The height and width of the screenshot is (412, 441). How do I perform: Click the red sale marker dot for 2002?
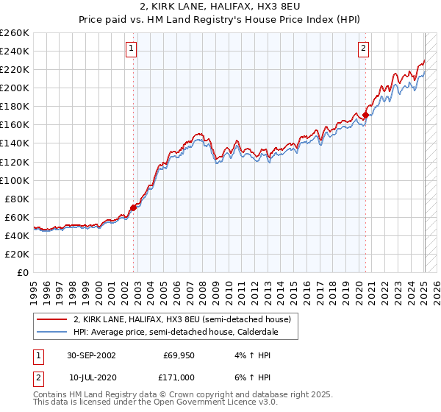click(x=134, y=207)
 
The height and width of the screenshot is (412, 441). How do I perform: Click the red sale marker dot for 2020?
click(x=365, y=115)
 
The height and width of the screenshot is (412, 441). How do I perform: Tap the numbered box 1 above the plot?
click(x=131, y=49)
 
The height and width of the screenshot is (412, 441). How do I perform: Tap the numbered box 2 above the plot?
click(x=363, y=49)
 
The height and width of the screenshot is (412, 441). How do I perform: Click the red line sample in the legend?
click(x=52, y=320)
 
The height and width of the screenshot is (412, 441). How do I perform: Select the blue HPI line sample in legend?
click(x=52, y=333)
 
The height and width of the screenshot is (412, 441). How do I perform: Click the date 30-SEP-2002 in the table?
click(x=91, y=355)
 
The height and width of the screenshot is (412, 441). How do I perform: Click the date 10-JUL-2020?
click(x=91, y=377)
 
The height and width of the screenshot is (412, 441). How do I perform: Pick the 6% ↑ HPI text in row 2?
click(x=251, y=377)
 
